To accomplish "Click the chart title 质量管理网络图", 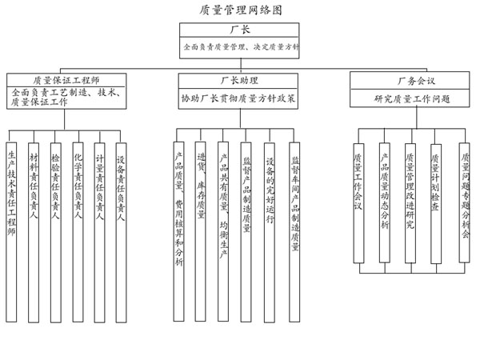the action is pos(241,10).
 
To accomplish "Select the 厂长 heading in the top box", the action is pos(240,30).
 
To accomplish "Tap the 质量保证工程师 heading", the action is pos(66,80).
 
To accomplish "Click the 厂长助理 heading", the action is pos(239,81).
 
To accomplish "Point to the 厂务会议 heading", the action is pos(416,81).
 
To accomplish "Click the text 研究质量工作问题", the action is pos(412,99).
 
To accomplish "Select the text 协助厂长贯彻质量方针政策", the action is pos(238,98).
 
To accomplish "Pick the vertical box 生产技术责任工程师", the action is pos(11,232).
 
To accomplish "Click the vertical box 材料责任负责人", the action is pos(34,232).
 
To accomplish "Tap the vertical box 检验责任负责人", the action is pos(55,232).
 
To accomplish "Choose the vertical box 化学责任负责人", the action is pos(78,232).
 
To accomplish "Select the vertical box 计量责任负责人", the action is pos(99,232).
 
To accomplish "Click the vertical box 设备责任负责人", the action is pos(121,232).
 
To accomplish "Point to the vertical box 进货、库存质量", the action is pos(201,231).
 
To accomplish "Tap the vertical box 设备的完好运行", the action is pos(270,232).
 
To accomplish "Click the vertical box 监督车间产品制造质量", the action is pos(294,232).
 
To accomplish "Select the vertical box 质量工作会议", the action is pos(358,203).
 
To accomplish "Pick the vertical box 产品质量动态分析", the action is pos(385,202).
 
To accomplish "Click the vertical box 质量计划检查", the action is pos(436,203).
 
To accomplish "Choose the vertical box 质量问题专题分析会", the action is pos(464,202).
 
